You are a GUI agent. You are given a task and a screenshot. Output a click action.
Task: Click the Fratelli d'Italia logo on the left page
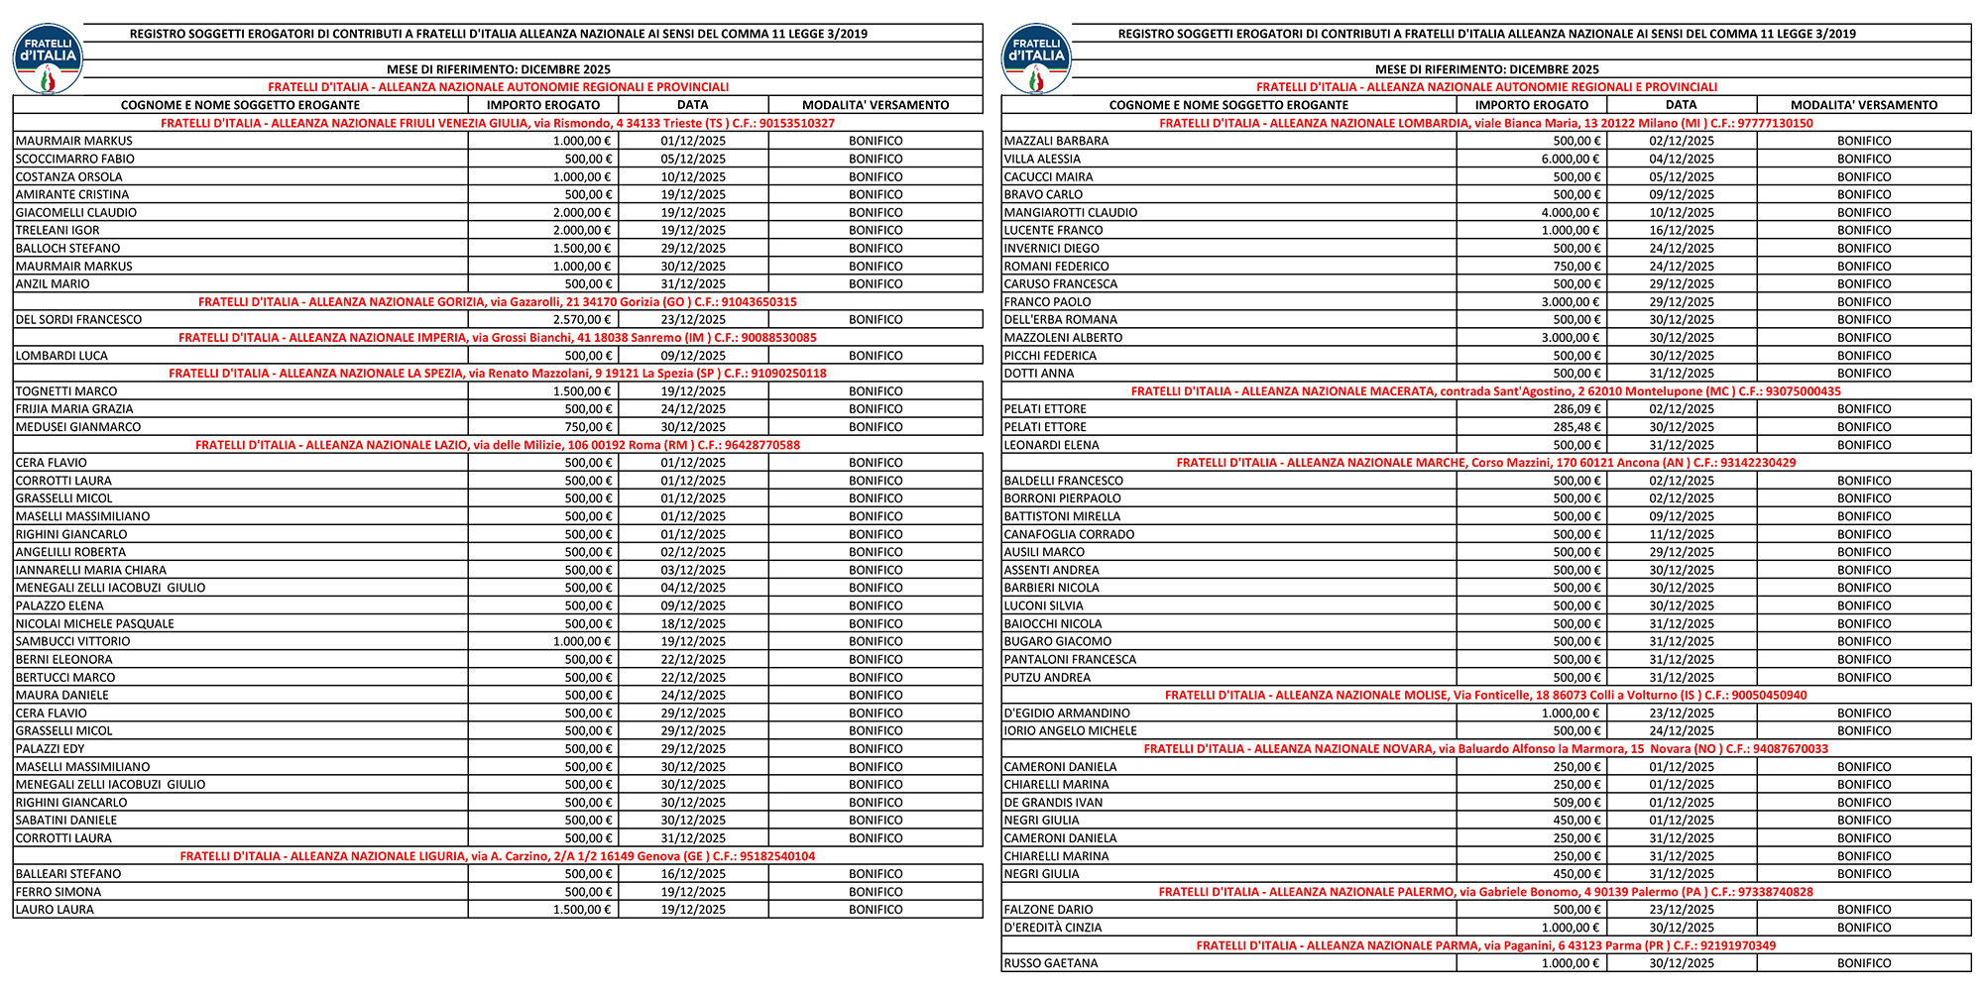[x=48, y=59]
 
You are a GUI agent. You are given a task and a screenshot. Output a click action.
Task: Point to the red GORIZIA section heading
[x=497, y=302]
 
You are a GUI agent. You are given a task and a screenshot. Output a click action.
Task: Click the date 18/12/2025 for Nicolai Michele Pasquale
[x=693, y=624]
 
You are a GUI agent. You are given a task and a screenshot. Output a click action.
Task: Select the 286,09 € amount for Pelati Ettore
[x=1576, y=409]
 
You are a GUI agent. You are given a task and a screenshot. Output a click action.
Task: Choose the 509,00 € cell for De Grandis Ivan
[x=1576, y=803]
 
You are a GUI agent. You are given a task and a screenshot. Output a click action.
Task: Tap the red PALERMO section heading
[x=1485, y=892]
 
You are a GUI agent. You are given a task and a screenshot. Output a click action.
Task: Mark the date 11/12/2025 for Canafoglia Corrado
[x=1682, y=534]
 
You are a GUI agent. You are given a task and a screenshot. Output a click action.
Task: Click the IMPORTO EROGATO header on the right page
[x=1531, y=105]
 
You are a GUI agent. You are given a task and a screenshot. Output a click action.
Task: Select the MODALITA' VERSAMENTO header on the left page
[x=875, y=105]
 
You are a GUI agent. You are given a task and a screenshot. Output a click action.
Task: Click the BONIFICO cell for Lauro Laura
[x=875, y=910]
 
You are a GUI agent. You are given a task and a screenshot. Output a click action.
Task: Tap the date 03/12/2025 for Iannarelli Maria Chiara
[x=693, y=570]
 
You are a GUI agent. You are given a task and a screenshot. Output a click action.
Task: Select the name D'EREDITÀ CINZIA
[x=1053, y=928]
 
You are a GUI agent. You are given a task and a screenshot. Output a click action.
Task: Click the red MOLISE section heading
[x=1485, y=696]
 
